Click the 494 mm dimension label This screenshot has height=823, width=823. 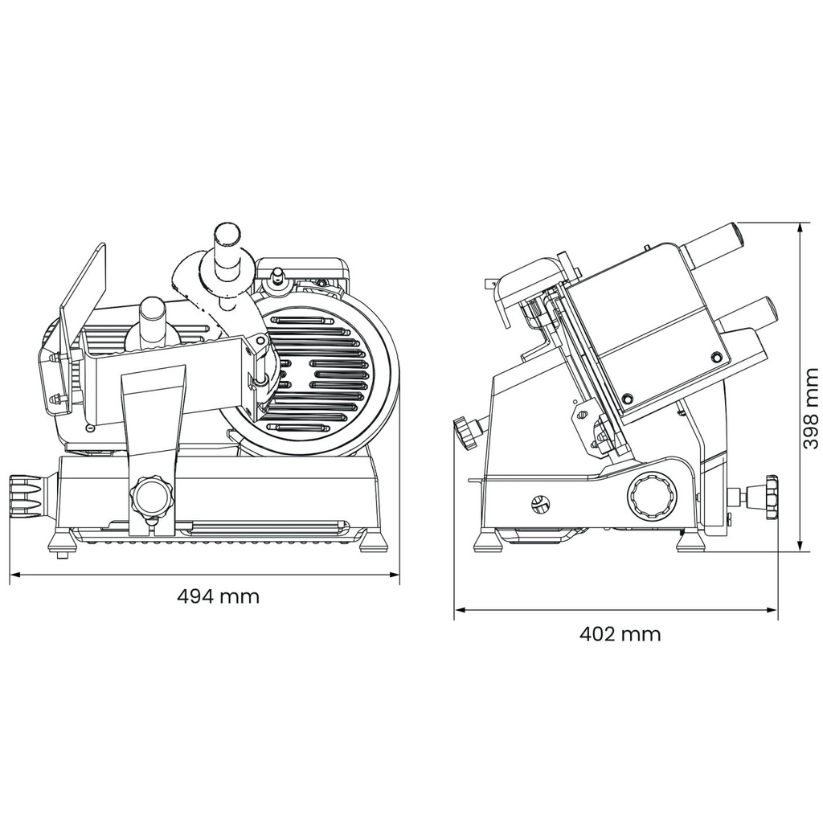tap(219, 596)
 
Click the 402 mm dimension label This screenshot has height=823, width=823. tap(620, 634)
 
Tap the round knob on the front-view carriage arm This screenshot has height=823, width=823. tap(152, 497)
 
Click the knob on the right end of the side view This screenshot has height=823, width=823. tap(771, 497)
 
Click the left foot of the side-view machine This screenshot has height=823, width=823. tap(488, 540)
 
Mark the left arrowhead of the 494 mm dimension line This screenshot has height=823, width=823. tap(14, 575)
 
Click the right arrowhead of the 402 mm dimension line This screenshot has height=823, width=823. tap(772, 610)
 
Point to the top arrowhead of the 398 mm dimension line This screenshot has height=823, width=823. tap(800, 227)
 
